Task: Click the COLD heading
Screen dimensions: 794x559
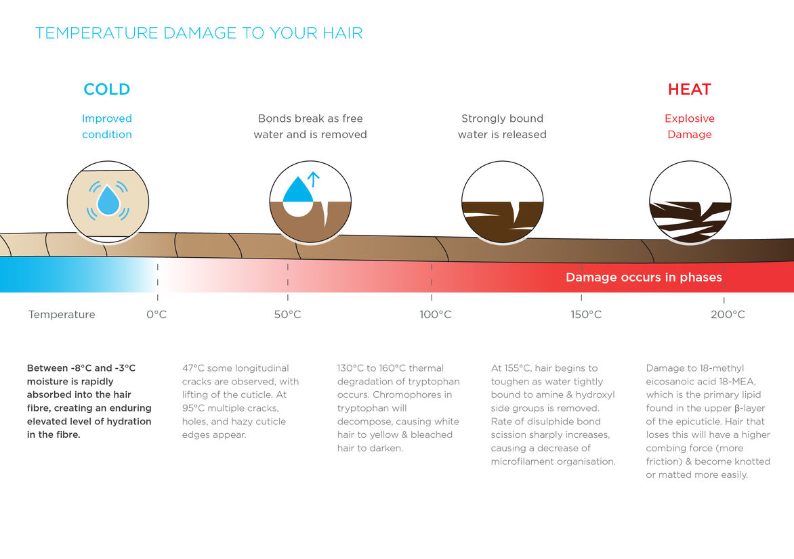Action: click(x=107, y=89)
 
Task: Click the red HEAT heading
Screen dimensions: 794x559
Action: click(x=689, y=89)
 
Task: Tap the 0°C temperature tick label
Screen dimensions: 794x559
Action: click(x=156, y=315)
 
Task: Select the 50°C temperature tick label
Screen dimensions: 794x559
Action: click(x=288, y=315)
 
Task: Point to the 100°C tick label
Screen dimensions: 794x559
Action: click(x=436, y=315)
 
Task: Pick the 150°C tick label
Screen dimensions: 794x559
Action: click(x=586, y=315)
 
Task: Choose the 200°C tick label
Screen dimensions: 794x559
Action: click(x=728, y=315)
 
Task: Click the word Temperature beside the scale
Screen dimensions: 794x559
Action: click(x=62, y=315)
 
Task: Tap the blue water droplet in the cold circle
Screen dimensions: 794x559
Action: click(x=108, y=200)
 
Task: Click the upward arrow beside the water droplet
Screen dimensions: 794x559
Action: click(x=314, y=179)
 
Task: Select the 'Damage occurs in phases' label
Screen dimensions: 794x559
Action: click(x=644, y=277)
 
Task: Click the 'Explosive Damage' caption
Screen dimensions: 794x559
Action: click(x=689, y=127)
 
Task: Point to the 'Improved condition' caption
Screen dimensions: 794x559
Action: click(x=107, y=127)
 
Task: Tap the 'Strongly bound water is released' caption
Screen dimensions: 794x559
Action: click(x=502, y=127)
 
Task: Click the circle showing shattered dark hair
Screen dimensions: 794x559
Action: click(x=690, y=202)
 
